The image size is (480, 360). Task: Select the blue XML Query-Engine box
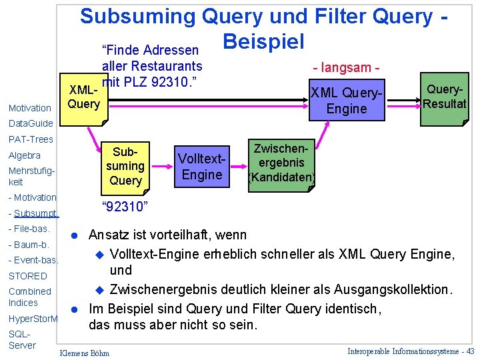(x=347, y=101)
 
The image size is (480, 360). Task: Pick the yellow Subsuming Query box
(x=125, y=166)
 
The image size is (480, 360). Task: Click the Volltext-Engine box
(x=201, y=166)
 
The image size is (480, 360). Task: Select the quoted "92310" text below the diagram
(x=123, y=207)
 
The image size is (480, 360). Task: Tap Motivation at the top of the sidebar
(x=29, y=108)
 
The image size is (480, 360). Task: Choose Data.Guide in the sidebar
(x=30, y=123)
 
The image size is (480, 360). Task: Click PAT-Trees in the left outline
(x=31, y=139)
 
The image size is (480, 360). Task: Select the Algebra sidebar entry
(x=25, y=155)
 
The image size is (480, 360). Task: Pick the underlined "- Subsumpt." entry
(x=34, y=213)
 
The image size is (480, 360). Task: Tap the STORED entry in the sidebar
(x=28, y=275)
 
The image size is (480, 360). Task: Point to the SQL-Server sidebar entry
(x=22, y=339)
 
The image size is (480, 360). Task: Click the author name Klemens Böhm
(x=85, y=353)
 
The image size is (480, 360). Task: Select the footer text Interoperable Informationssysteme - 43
(x=411, y=351)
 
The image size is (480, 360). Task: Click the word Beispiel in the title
(x=263, y=41)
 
